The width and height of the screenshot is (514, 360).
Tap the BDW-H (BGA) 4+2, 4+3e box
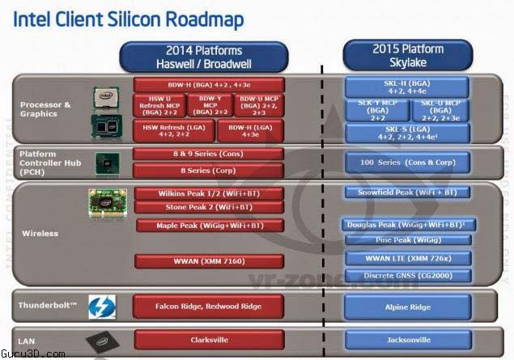(209, 85)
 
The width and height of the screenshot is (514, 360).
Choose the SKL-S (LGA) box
(407, 133)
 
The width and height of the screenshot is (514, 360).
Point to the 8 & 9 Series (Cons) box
(209, 154)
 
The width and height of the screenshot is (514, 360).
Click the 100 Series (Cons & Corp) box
(407, 163)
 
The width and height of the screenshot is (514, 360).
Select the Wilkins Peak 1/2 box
(209, 193)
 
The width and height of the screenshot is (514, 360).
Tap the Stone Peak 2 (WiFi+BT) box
(209, 207)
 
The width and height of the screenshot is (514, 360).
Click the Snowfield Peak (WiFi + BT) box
(407, 193)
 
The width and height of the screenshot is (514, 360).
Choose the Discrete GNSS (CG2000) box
(407, 275)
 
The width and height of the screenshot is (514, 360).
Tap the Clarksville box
(209, 341)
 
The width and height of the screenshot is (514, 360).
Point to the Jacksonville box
(407, 341)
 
